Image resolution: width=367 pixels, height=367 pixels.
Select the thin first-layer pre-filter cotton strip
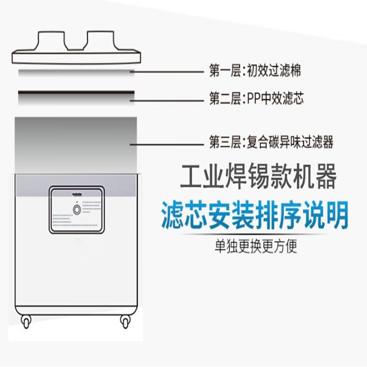tap(76, 72)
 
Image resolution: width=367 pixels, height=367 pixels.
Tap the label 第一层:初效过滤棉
tap(255, 71)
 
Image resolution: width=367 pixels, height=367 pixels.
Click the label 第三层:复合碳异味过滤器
tap(271, 143)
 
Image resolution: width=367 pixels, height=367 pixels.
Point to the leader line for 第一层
tap(167, 72)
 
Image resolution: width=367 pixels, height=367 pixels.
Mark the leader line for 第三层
tap(167, 144)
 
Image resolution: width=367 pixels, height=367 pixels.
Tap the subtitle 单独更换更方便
tap(256, 247)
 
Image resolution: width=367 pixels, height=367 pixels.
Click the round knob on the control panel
tap(77, 210)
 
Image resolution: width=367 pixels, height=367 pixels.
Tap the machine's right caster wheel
tap(125, 321)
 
